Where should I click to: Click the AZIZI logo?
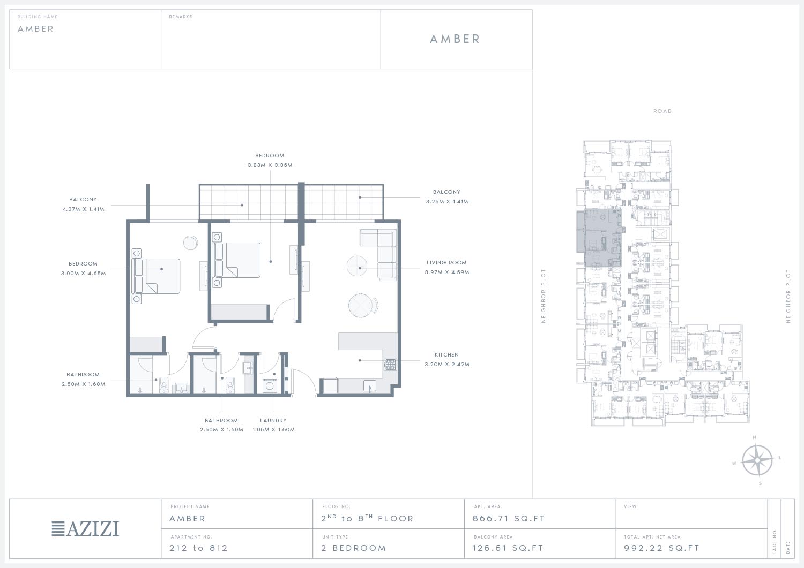pyautogui.click(x=85, y=529)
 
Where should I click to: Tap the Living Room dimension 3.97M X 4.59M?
pyautogui.click(x=447, y=272)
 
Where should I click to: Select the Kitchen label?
pyautogui.click(x=446, y=354)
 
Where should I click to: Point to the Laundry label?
pyautogui.click(x=273, y=420)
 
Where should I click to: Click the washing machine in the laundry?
pyautogui.click(x=270, y=386)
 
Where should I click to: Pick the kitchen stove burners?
pyautogui.click(x=391, y=365)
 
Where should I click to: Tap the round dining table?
pyautogui.click(x=360, y=306)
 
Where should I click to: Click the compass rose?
pyautogui.click(x=757, y=460)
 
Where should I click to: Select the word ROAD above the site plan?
pyautogui.click(x=662, y=111)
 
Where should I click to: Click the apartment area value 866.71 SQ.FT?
pyautogui.click(x=509, y=519)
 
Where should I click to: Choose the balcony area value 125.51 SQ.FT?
pyautogui.click(x=508, y=548)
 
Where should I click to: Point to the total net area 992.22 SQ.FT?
pyautogui.click(x=661, y=548)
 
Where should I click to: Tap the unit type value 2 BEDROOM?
pyautogui.click(x=354, y=548)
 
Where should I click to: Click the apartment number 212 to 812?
pyautogui.click(x=198, y=548)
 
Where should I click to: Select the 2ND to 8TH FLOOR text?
pyautogui.click(x=367, y=518)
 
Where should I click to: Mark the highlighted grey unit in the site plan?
pyautogui.click(x=599, y=238)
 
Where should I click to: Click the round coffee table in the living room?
pyautogui.click(x=357, y=266)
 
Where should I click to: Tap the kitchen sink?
pyautogui.click(x=370, y=386)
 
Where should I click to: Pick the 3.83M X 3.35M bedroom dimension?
pyautogui.click(x=270, y=165)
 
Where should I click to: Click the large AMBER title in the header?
pyautogui.click(x=455, y=39)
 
